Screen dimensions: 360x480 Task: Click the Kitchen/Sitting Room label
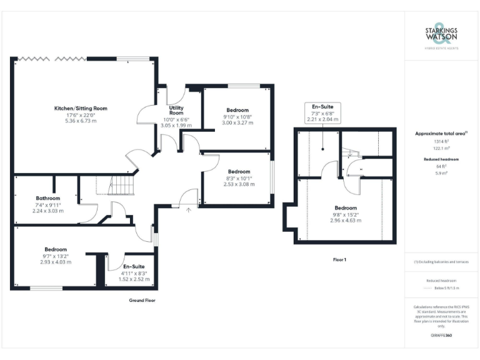tap(81, 108)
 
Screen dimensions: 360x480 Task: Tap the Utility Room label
tap(176, 111)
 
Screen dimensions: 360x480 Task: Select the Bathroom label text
tap(47, 198)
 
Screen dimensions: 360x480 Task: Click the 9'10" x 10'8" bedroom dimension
tap(237, 117)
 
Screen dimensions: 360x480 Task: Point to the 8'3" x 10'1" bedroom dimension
tap(239, 178)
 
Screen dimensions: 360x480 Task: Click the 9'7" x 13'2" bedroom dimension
tap(56, 256)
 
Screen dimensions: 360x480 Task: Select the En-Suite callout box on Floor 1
tap(322, 112)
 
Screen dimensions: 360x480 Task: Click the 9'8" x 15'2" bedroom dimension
tap(345, 214)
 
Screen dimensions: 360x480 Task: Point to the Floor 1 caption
tap(340, 259)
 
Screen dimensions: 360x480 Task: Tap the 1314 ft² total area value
tap(441, 142)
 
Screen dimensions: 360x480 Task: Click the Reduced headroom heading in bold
tap(441, 159)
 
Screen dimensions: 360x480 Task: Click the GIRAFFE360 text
tap(441, 336)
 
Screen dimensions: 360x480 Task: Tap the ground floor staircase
tap(122, 186)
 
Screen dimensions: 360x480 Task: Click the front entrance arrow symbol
tap(188, 209)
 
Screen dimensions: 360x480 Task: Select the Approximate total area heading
tap(440, 134)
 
